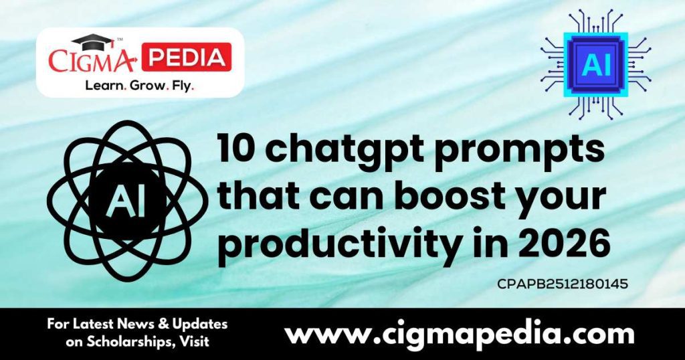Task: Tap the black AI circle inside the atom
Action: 127,198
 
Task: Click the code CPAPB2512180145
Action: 562,284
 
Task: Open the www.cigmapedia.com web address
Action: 459,333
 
